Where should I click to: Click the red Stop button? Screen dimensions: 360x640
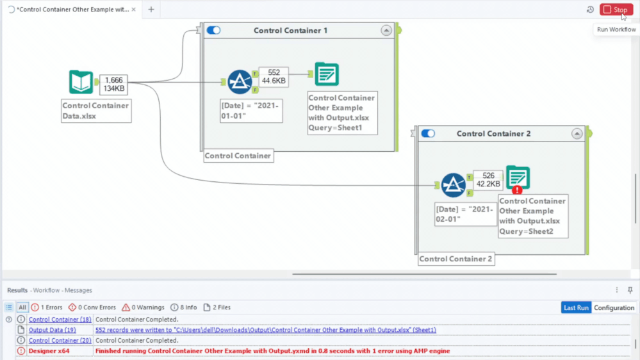coord(616,10)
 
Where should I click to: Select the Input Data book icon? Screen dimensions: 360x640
coord(81,83)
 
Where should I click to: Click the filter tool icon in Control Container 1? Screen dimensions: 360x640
coord(240,82)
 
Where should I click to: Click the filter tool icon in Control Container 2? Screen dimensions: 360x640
coord(454,185)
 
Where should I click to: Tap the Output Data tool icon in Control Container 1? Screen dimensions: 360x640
coord(327,75)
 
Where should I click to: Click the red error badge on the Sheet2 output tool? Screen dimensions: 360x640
coord(517,190)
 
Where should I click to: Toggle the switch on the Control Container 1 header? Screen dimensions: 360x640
coord(214,30)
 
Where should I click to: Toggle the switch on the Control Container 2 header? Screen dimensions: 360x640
coord(428,133)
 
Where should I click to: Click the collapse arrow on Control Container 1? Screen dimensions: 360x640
coord(386,30)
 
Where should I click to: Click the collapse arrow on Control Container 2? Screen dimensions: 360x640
coord(577,133)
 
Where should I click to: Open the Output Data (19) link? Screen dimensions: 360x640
coord(52,330)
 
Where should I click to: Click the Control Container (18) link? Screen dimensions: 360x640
coord(60,319)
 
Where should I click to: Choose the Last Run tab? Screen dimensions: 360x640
coord(576,307)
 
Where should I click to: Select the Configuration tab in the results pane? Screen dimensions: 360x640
coord(614,307)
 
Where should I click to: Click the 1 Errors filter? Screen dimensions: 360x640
coord(47,307)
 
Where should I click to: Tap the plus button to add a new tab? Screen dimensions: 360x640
coord(151,10)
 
